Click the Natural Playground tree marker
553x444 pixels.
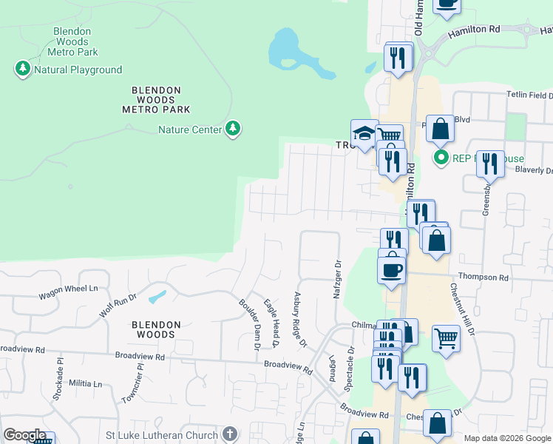click(x=22, y=70)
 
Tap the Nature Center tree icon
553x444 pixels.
click(x=234, y=129)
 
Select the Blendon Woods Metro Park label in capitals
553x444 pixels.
click(x=156, y=99)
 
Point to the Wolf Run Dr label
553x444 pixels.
click(x=118, y=306)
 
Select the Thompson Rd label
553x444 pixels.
click(x=484, y=277)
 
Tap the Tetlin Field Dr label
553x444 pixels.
click(x=529, y=95)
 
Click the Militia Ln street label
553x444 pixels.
click(x=86, y=383)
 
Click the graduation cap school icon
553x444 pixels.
click(x=364, y=133)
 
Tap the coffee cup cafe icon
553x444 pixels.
click(x=391, y=269)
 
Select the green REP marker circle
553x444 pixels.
click(x=441, y=157)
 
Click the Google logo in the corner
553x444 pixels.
click(x=24, y=435)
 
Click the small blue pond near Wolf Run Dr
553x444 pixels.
click(x=157, y=297)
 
